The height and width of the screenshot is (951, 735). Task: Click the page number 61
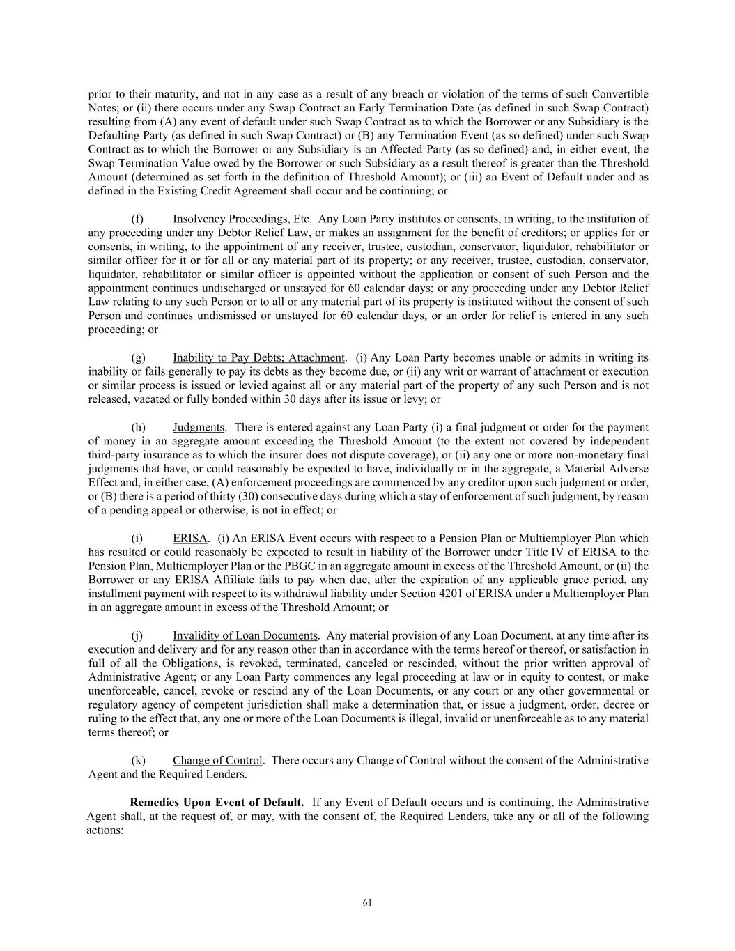pos(367,903)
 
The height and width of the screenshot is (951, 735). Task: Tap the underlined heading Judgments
pos(199,427)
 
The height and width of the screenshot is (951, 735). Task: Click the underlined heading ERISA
pos(189,538)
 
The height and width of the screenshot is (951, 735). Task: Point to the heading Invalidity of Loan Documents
pos(245,635)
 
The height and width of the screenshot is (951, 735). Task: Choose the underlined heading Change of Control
pos(217,760)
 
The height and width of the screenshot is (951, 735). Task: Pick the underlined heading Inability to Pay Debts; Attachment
pos(258,357)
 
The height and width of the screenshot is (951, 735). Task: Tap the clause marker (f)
pos(138,219)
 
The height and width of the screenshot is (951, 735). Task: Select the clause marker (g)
pos(138,357)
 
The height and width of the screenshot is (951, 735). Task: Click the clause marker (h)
pos(138,427)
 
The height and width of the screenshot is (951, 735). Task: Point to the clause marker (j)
pos(138,635)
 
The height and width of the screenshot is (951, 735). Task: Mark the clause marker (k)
pos(138,760)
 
